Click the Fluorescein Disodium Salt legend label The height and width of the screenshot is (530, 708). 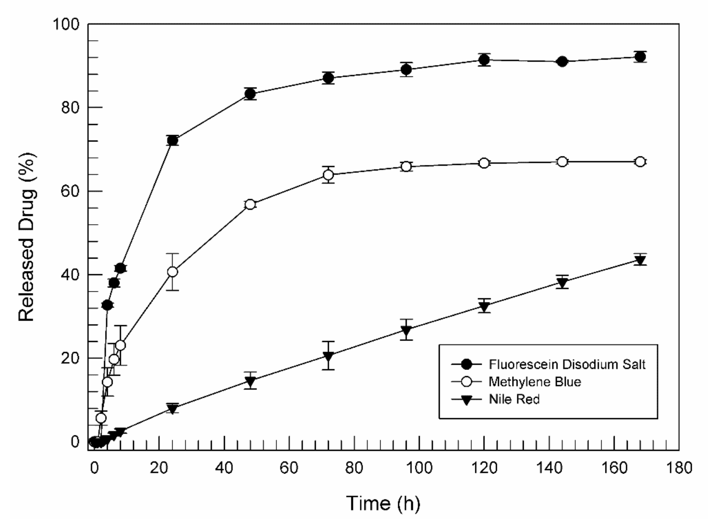567,364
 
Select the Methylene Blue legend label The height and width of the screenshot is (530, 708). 535,382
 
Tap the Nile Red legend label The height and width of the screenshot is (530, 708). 514,399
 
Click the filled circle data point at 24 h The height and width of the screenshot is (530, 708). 172,141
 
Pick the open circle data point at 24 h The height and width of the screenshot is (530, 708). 172,272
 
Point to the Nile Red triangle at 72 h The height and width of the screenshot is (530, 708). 328,356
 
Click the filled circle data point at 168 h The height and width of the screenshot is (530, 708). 640,57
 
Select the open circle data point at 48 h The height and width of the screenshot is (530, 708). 250,204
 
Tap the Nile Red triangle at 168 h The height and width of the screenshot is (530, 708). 640,260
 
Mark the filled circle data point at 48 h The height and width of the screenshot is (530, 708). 250,94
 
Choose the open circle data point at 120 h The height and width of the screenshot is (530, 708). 484,163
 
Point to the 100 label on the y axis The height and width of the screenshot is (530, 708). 66,24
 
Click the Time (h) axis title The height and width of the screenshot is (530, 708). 383,503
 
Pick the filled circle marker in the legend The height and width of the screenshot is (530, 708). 466,364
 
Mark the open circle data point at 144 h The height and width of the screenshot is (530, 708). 562,162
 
